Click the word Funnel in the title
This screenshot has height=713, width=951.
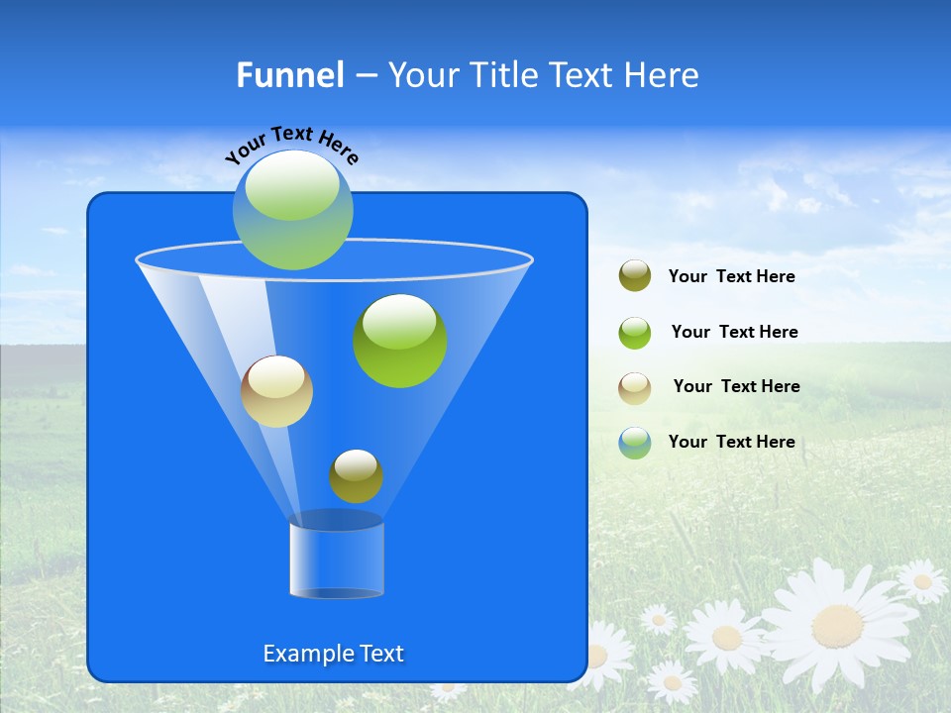pyautogui.click(x=289, y=75)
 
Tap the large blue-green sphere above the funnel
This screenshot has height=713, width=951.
pyautogui.click(x=293, y=210)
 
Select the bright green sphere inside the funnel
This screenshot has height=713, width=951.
pyautogui.click(x=400, y=341)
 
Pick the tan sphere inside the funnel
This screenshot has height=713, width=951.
pyautogui.click(x=276, y=391)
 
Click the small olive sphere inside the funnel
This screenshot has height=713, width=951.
pyautogui.click(x=356, y=476)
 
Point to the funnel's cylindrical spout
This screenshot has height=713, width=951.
pyautogui.click(x=337, y=560)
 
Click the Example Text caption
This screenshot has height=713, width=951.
pyautogui.click(x=334, y=654)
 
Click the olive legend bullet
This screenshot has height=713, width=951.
pyautogui.click(x=635, y=276)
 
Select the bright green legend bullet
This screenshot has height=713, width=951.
pyautogui.click(x=635, y=333)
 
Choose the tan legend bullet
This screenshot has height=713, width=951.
pyautogui.click(x=635, y=388)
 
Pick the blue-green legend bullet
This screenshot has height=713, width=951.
pyautogui.click(x=635, y=443)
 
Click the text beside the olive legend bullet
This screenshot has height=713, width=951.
pyautogui.click(x=732, y=277)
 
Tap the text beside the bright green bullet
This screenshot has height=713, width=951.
pyautogui.click(x=734, y=332)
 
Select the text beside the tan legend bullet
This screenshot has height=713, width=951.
pyautogui.click(x=736, y=386)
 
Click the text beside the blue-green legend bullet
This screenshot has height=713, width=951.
pyautogui.click(x=732, y=442)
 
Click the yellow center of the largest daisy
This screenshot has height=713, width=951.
pyautogui.click(x=837, y=626)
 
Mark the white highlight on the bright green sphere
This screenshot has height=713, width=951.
pyautogui.click(x=400, y=320)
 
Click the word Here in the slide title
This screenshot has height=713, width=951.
pyautogui.click(x=662, y=75)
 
